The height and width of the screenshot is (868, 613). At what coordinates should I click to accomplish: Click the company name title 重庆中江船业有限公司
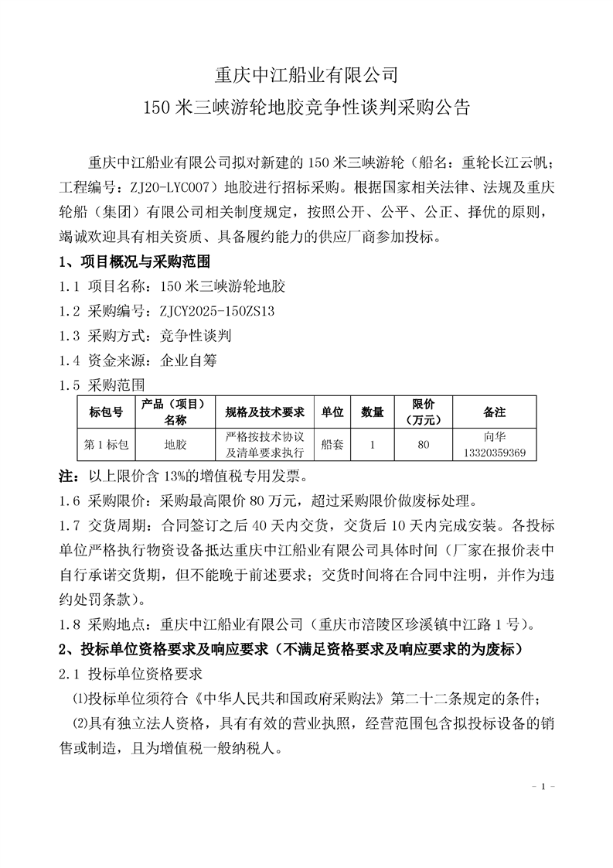point(306,75)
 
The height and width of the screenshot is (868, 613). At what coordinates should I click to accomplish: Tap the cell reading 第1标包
point(107,445)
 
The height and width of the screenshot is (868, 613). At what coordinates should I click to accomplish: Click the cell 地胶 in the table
point(175,445)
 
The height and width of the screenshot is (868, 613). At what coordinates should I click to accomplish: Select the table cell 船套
point(332,445)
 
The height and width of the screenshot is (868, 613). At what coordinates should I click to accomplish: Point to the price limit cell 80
point(423,445)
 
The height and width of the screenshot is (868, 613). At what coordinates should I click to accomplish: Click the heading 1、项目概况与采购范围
point(135,261)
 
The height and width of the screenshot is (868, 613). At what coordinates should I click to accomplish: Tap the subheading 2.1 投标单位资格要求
point(131,674)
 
